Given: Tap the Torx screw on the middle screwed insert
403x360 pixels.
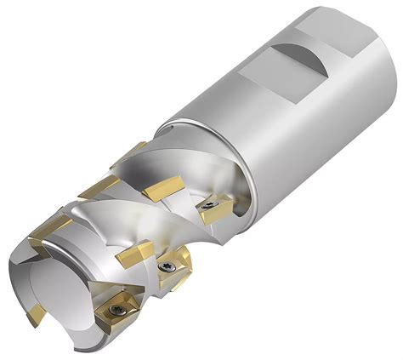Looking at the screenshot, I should pyautogui.click(x=168, y=266).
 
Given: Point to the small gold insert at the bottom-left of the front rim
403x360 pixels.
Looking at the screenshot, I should pyautogui.click(x=36, y=316).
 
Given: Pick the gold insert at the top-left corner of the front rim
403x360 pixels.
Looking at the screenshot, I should pyautogui.click(x=47, y=227).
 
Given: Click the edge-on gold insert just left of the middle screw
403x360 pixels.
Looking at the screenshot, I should pyautogui.click(x=136, y=254).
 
